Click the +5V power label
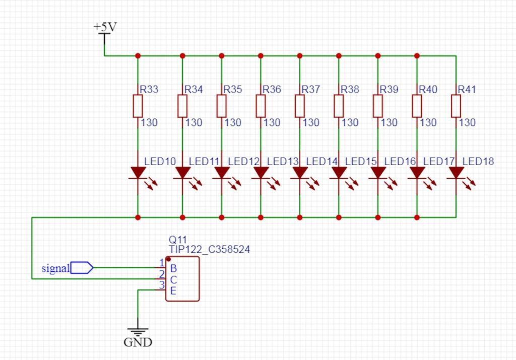click(105, 26)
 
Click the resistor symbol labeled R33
click(138, 106)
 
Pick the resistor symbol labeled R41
click(456, 106)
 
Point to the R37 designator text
click(311, 90)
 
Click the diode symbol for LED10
click(138, 173)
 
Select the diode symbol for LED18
click(456, 173)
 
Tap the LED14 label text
click(321, 162)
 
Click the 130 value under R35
click(233, 122)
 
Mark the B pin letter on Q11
click(173, 268)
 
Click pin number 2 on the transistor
click(162, 274)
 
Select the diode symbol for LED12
click(221, 173)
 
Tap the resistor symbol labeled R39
click(378, 106)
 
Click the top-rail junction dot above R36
click(261, 55)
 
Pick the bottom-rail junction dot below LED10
click(138, 218)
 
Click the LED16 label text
click(400, 162)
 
